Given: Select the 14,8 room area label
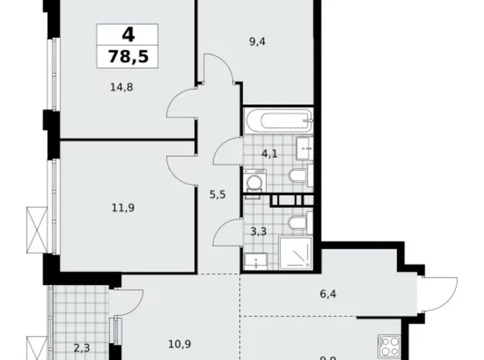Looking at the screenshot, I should pyautogui.click(x=121, y=87).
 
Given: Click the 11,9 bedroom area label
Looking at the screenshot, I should pyautogui.click(x=121, y=207).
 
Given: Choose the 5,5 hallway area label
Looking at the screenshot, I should pyautogui.click(x=217, y=194).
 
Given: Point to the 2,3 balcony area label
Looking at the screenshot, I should pyautogui.click(x=81, y=348).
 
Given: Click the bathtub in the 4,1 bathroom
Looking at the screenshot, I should pyautogui.click(x=277, y=120).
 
